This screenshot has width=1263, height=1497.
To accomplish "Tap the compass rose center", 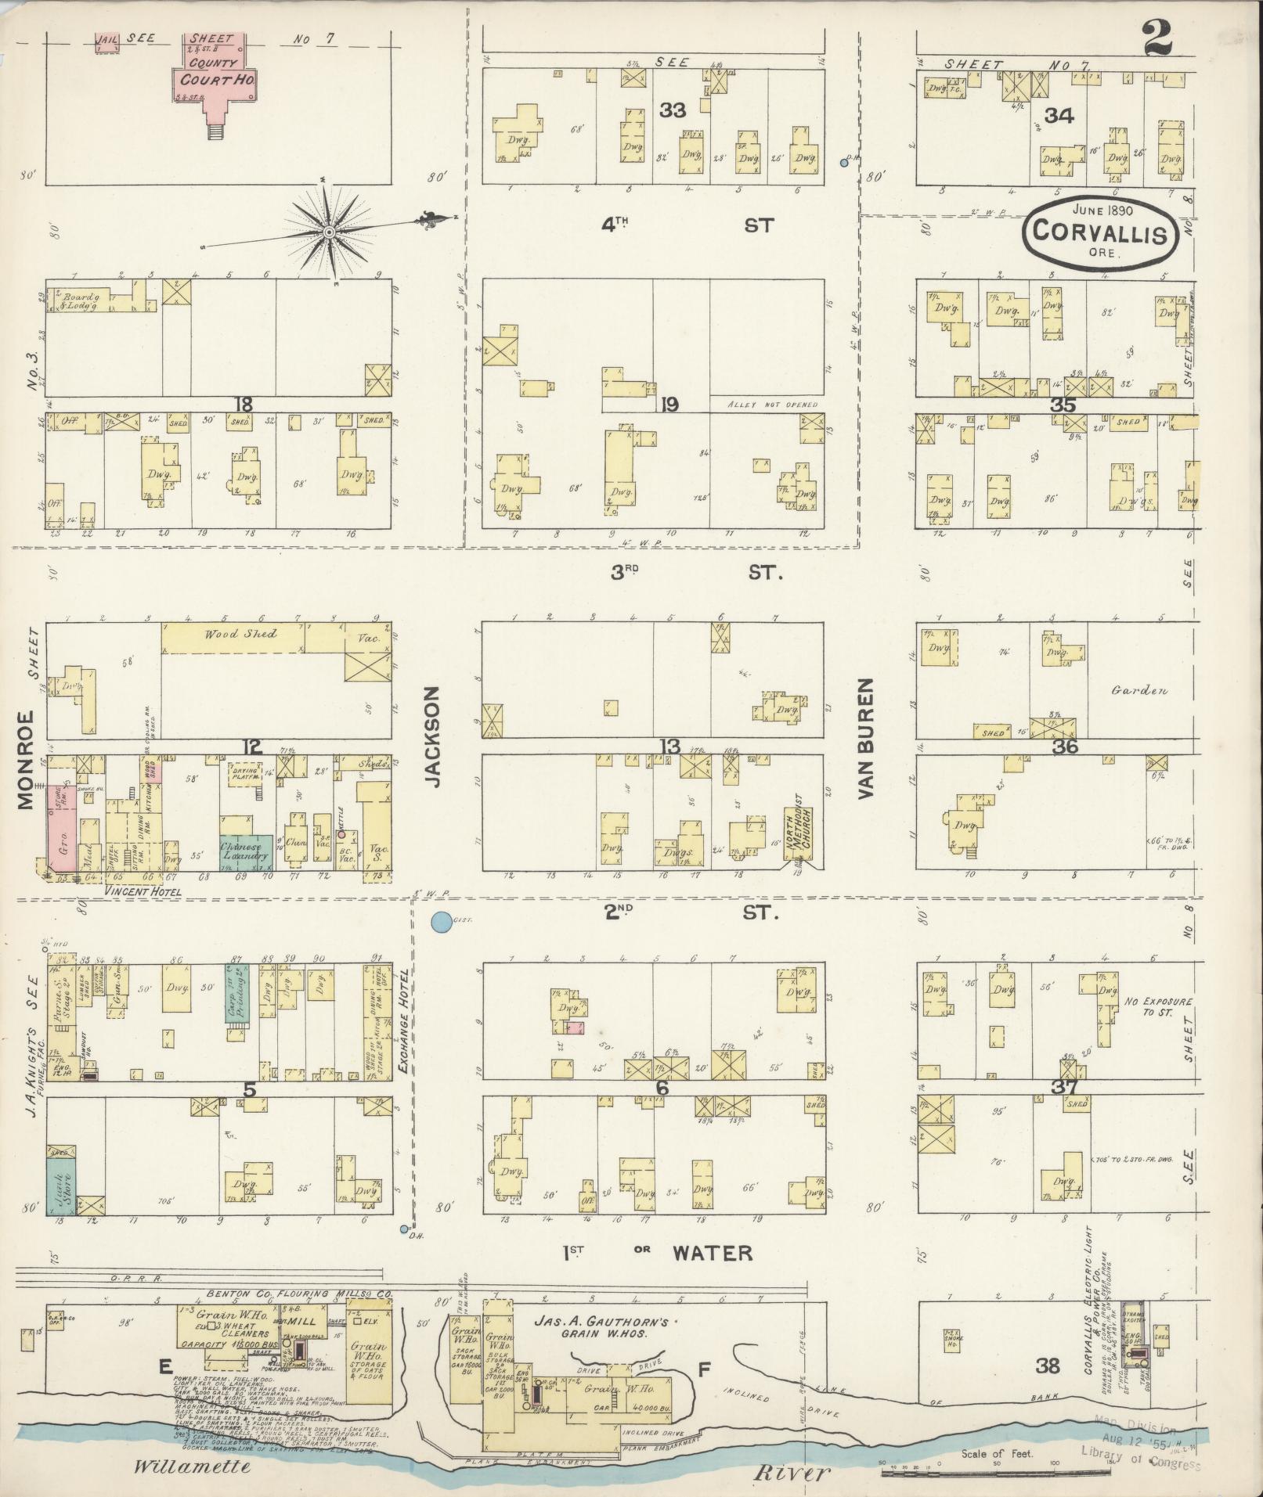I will pyautogui.click(x=330, y=232).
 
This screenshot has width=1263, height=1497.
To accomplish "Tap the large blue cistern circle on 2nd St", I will pyautogui.click(x=442, y=923).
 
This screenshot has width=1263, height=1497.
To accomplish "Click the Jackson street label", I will pyautogui.click(x=433, y=736).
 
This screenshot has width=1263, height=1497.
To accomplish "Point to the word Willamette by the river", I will pyautogui.click(x=192, y=1466).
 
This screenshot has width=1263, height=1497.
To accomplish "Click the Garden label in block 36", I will pyautogui.click(x=1139, y=690).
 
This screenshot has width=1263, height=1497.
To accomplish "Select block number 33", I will pyautogui.click(x=673, y=110).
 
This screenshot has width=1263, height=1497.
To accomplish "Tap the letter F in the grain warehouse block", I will pyautogui.click(x=704, y=1369).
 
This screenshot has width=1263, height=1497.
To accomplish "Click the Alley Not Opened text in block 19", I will pyautogui.click(x=772, y=405).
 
